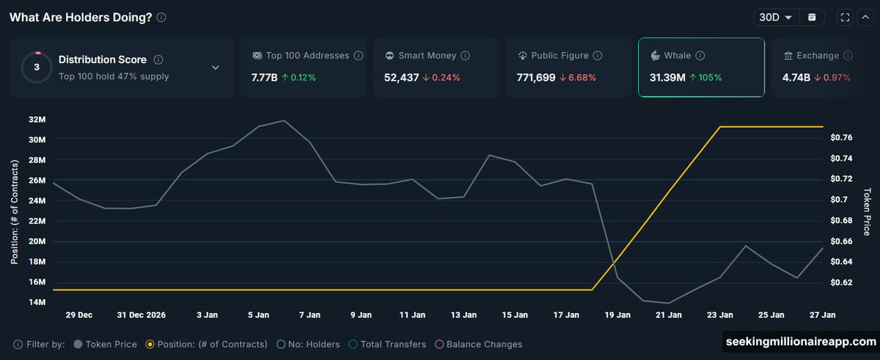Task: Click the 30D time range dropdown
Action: pyautogui.click(x=776, y=18)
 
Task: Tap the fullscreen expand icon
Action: pyautogui.click(x=846, y=18)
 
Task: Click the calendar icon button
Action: pyautogui.click(x=812, y=18)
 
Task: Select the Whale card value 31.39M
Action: pyautogui.click(x=667, y=77)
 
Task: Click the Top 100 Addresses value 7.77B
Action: pyautogui.click(x=263, y=77)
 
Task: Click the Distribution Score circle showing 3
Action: pyautogui.click(x=37, y=67)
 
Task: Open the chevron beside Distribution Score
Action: pyautogui.click(x=216, y=67)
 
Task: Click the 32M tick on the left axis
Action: pyautogui.click(x=37, y=119)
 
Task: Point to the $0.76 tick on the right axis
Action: pyautogui.click(x=840, y=138)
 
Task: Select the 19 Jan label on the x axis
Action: pyautogui.click(x=617, y=315)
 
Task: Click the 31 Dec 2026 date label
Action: pyautogui.click(x=141, y=315)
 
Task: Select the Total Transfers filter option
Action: pyautogui.click(x=388, y=344)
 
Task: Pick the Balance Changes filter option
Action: pyautogui.click(x=480, y=344)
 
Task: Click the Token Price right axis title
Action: pyautogui.click(x=867, y=212)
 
